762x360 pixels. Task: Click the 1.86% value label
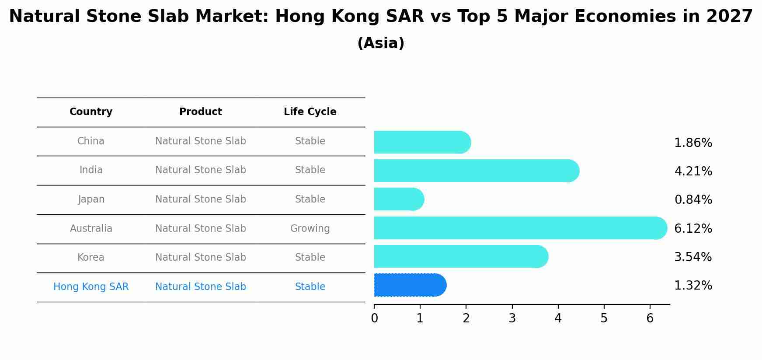(x=693, y=143)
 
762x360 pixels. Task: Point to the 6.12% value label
(x=693, y=228)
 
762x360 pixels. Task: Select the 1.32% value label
(x=693, y=286)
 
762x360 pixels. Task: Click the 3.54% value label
(x=693, y=257)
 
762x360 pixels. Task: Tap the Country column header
(x=91, y=112)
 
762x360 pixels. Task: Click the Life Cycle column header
(x=310, y=112)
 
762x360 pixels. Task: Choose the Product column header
(x=201, y=112)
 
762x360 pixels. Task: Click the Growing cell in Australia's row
(x=310, y=228)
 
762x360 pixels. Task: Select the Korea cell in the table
(x=91, y=257)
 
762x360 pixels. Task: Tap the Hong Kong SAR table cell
(x=91, y=287)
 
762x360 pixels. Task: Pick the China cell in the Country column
(x=91, y=141)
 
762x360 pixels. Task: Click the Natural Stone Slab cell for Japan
(x=201, y=199)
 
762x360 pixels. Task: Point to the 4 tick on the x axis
(x=558, y=318)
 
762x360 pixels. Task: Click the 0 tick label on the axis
(x=374, y=318)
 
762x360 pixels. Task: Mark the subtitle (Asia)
(x=381, y=43)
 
